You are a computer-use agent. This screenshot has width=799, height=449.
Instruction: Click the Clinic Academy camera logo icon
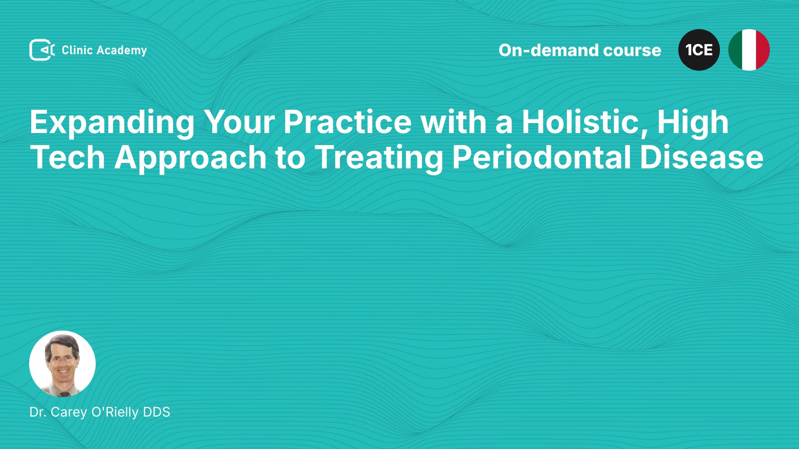point(42,50)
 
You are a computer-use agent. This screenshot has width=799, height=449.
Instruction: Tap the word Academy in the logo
point(122,51)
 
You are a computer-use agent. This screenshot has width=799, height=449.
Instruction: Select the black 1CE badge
point(699,50)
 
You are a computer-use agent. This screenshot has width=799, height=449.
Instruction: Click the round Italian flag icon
point(749,50)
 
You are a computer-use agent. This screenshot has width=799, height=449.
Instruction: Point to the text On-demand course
point(580,50)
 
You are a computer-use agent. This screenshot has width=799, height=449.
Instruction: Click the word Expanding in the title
point(112,123)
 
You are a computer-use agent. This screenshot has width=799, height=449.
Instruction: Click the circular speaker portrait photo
point(62,364)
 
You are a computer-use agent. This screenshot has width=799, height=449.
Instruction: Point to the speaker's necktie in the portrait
point(63,393)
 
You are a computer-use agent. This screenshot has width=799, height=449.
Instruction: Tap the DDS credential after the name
point(156,412)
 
